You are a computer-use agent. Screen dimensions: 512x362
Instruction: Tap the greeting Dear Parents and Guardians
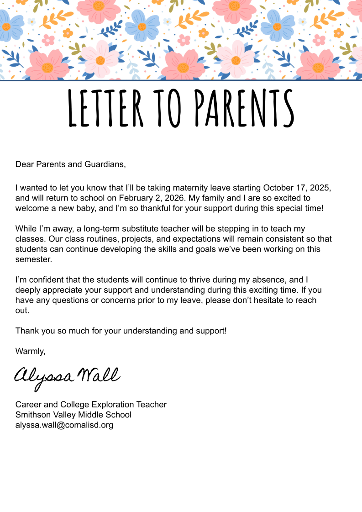pyautogui.click(x=70, y=164)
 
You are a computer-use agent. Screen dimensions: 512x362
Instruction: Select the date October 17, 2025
pyautogui.click(x=297, y=188)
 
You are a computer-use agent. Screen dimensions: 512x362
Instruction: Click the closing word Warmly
pyautogui.click(x=30, y=351)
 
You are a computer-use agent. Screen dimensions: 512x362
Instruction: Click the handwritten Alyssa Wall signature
pyautogui.click(x=67, y=377)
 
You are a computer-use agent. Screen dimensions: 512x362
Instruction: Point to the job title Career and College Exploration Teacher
pyautogui.click(x=91, y=404)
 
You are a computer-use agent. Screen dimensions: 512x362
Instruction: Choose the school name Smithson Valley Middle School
pyautogui.click(x=73, y=415)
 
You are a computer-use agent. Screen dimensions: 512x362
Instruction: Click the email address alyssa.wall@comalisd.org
pyautogui.click(x=64, y=425)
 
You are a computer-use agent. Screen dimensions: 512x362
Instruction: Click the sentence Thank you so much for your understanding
pyautogui.click(x=121, y=330)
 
